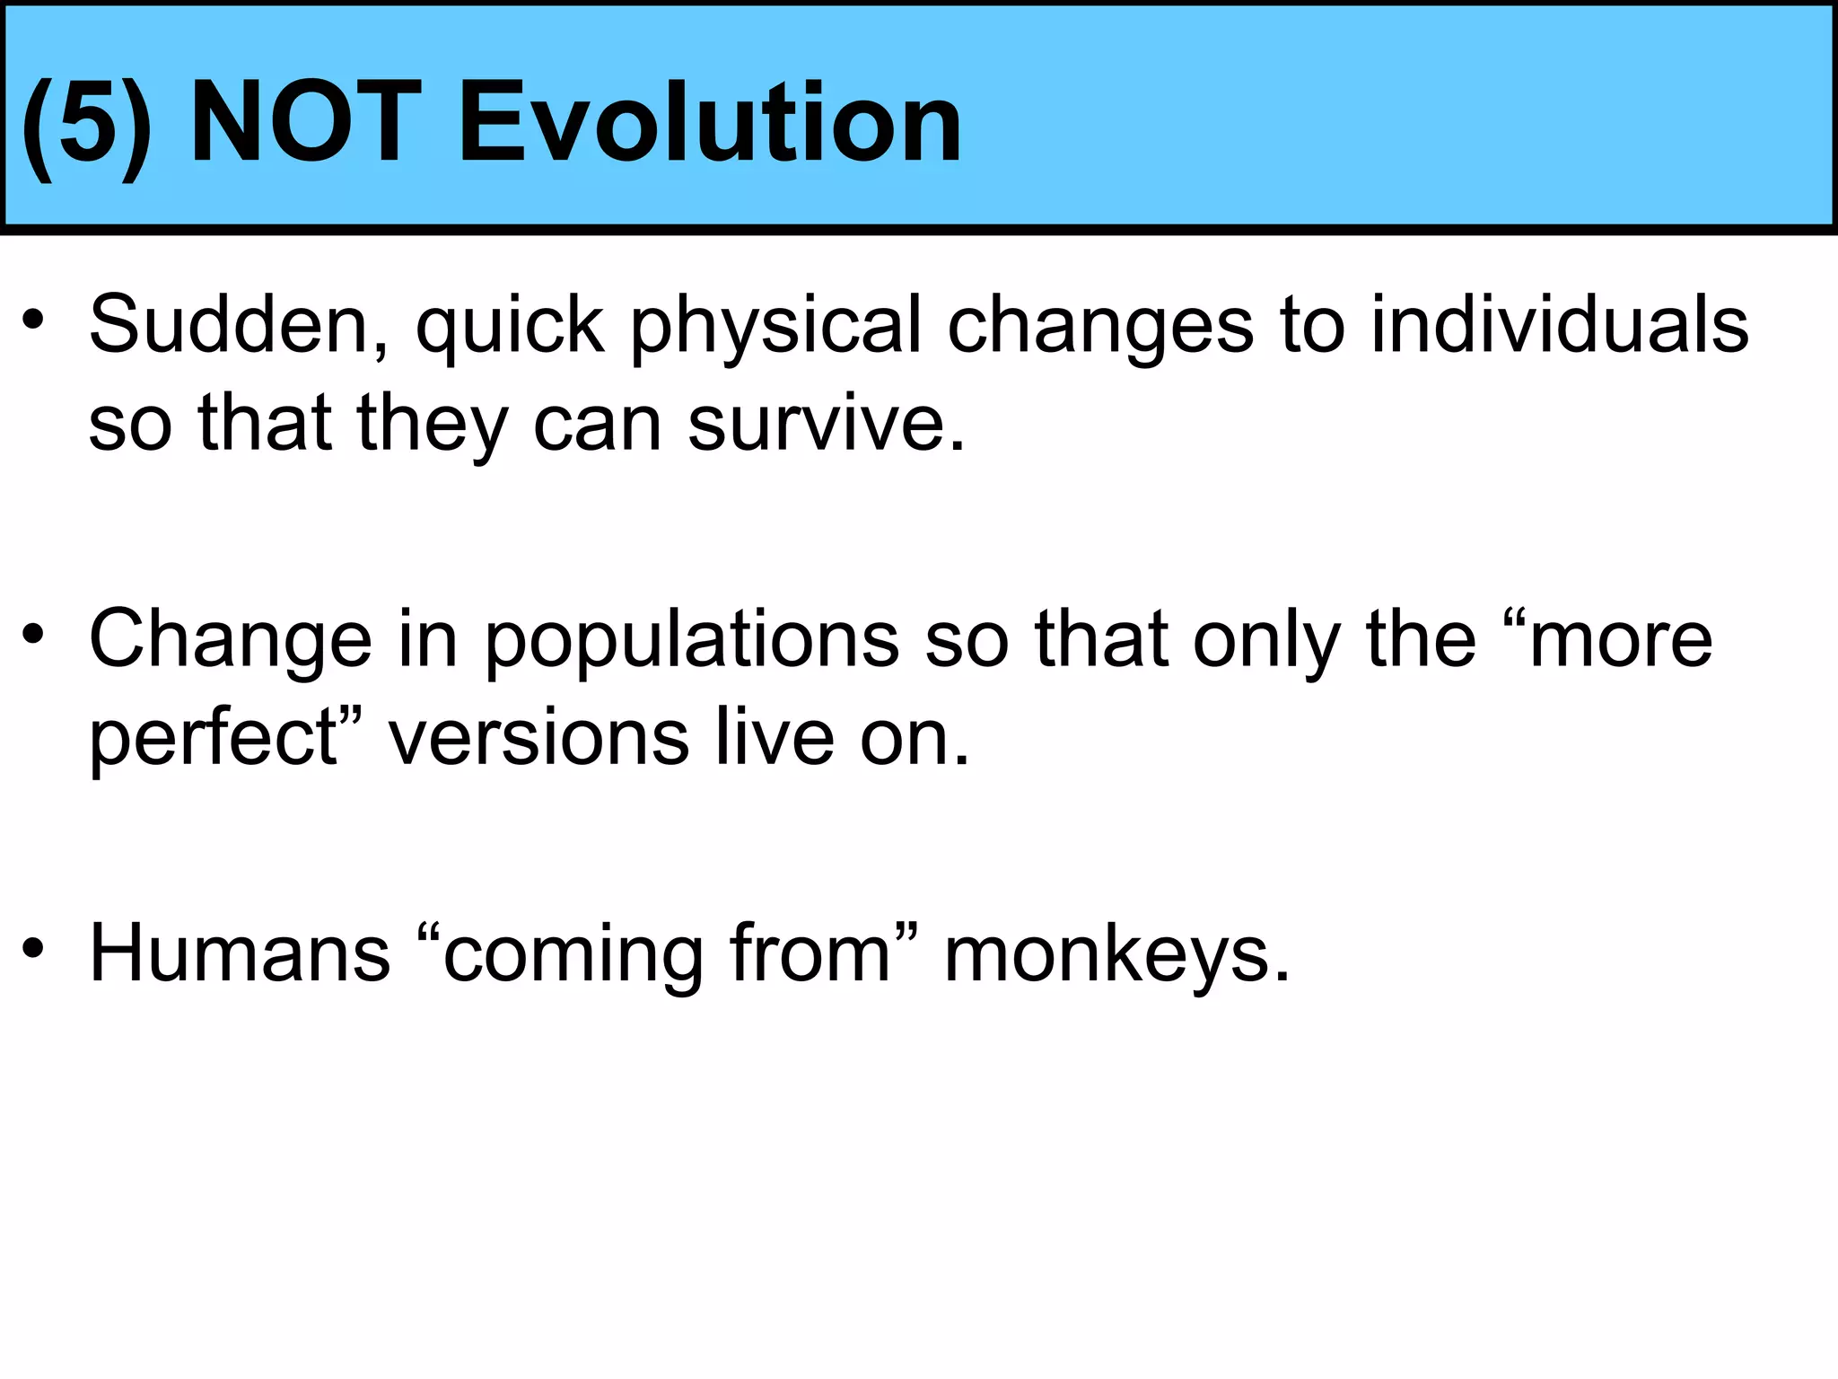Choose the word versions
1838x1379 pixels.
pos(538,738)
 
